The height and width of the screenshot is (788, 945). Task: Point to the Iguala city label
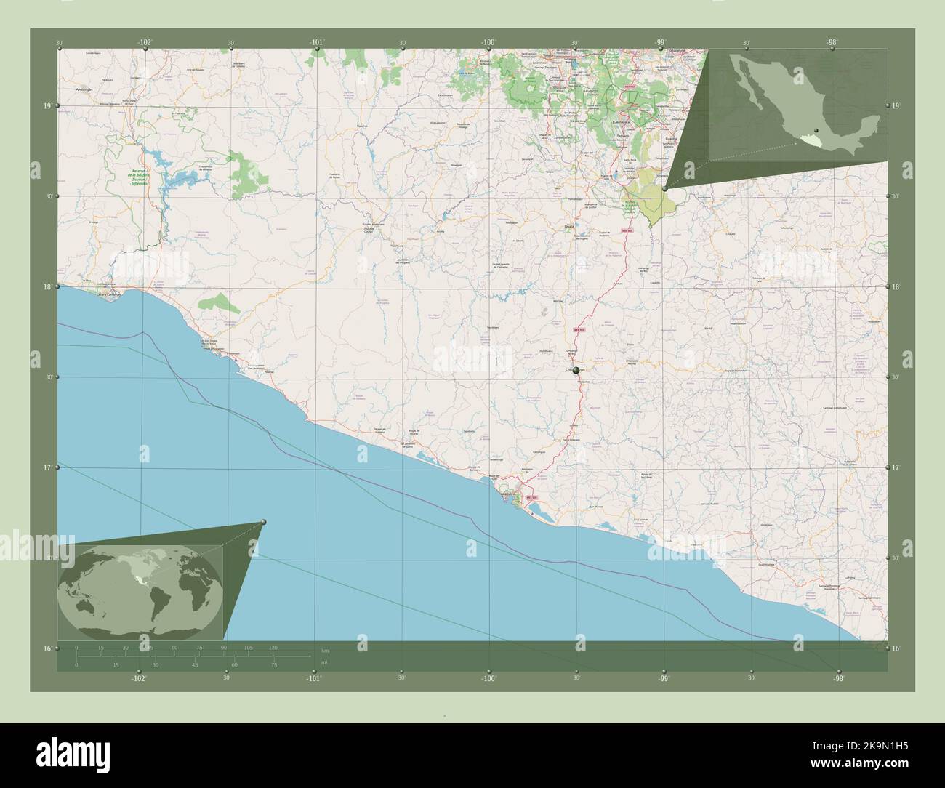579,225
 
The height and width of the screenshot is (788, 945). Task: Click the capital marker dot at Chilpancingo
576,371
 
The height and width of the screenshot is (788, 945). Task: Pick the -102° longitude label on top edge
145,42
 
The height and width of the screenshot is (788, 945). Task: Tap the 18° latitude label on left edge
47,287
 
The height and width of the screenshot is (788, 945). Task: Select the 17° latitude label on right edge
896,468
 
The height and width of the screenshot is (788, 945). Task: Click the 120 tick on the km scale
273,647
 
